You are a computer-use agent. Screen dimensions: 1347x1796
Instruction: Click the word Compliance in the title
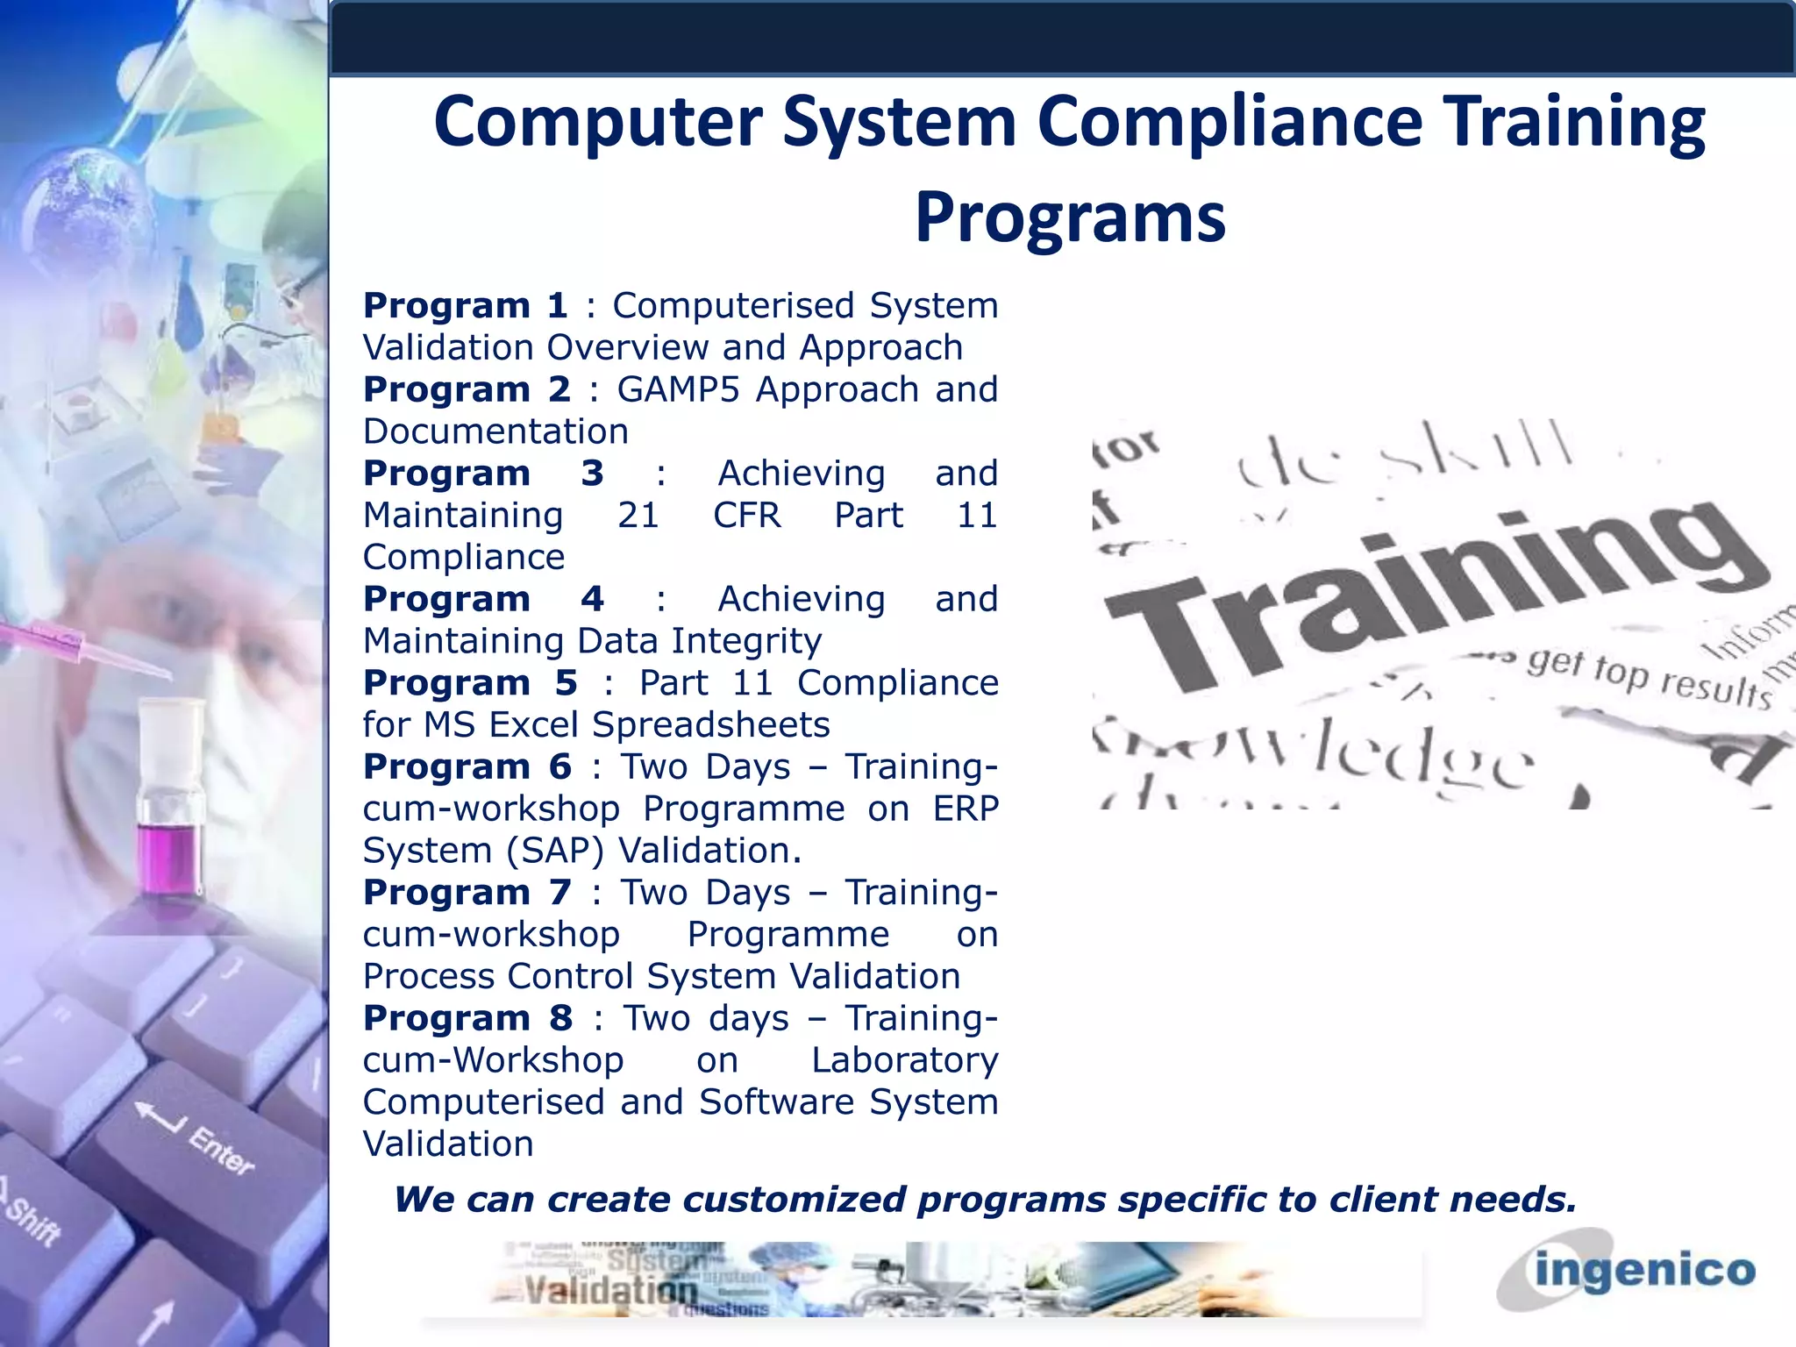[x=1229, y=122]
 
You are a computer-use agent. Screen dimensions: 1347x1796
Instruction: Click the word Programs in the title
[x=1070, y=217]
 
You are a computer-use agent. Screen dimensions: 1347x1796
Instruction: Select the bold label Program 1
[x=466, y=306]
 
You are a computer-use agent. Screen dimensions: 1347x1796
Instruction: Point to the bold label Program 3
[x=483, y=474]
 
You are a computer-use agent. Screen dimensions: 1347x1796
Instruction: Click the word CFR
[x=746, y=516]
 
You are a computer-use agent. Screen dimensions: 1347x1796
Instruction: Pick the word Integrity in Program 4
[x=746, y=641]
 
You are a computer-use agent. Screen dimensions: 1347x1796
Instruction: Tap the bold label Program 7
[x=467, y=893]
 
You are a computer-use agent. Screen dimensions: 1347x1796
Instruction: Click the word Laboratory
[x=904, y=1060]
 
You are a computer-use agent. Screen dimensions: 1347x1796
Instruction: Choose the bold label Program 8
[x=468, y=1018]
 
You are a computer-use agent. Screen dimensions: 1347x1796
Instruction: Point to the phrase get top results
[x=1649, y=680]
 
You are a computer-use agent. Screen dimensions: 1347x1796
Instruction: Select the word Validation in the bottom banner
[x=611, y=1291]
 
